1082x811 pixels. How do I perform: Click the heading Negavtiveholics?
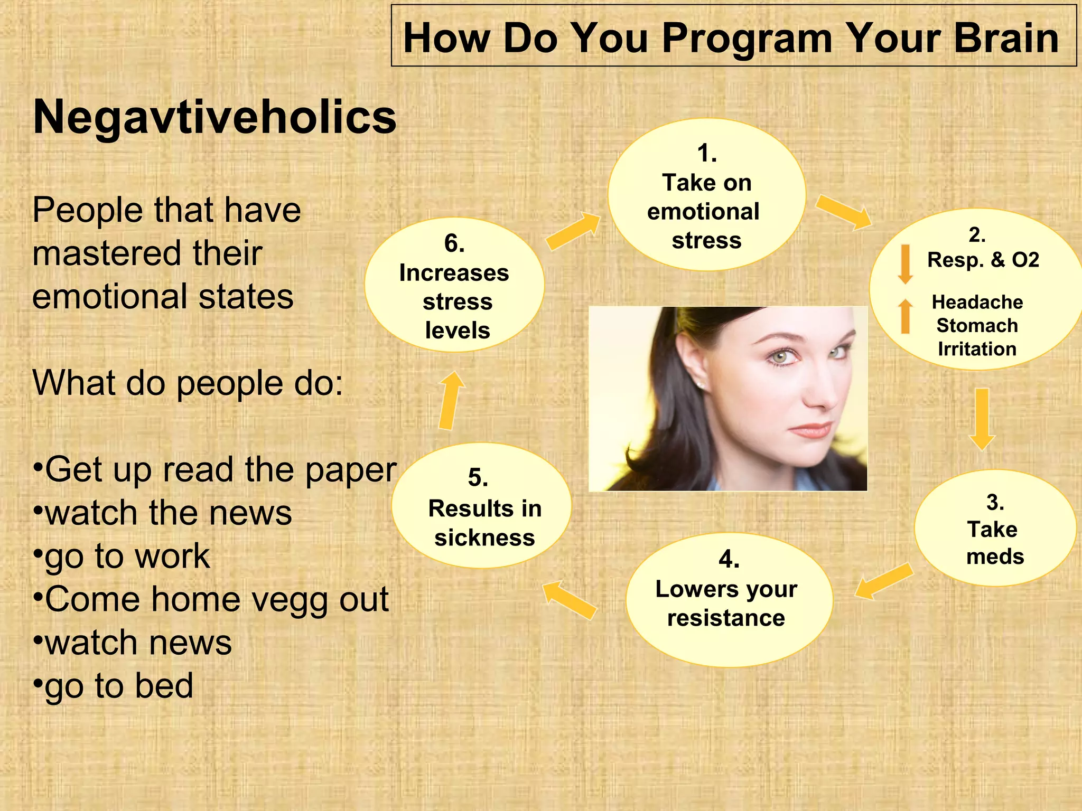(214, 117)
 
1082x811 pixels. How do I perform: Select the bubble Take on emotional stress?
(706, 195)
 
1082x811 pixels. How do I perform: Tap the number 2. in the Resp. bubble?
(977, 235)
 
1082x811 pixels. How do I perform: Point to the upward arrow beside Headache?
(905, 316)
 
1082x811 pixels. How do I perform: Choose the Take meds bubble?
(995, 528)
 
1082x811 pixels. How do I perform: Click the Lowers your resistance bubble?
(728, 600)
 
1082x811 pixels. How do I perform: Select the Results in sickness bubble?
(481, 506)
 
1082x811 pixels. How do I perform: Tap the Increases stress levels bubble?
(454, 286)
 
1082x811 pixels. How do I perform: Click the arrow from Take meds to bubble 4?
(884, 581)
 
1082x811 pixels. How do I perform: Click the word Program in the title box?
(747, 38)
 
